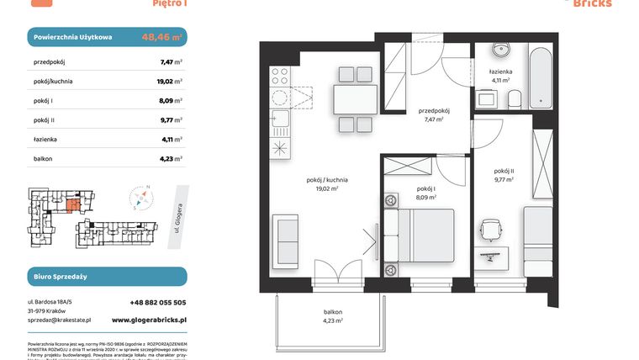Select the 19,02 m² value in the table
[172, 82]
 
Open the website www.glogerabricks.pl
[149, 320]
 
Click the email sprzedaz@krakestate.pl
[59, 320]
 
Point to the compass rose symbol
[141, 199]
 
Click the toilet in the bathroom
[515, 98]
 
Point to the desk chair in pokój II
[491, 228]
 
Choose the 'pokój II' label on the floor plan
[504, 172]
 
